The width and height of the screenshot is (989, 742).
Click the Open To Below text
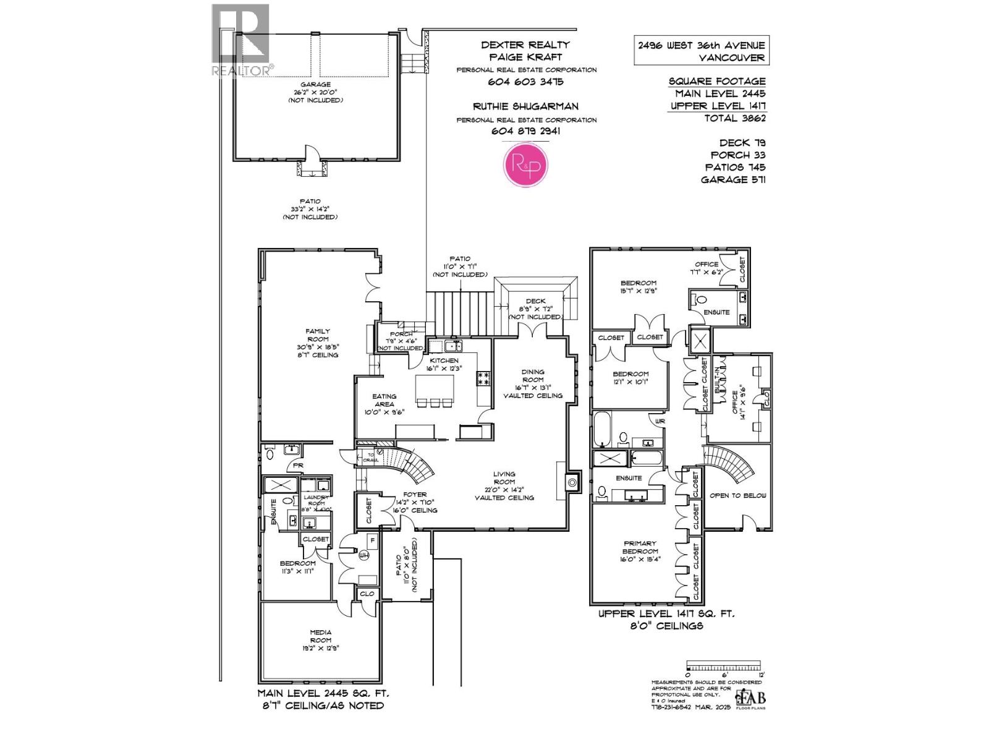coord(737,495)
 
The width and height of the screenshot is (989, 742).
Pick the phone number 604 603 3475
coord(526,82)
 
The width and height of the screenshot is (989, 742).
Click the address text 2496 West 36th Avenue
coord(702,45)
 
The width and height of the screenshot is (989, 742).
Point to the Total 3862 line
coord(734,117)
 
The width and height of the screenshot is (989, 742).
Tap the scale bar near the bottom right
coord(726,668)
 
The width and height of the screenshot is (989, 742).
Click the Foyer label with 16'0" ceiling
coord(415,502)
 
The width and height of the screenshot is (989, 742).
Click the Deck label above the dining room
coord(535,301)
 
